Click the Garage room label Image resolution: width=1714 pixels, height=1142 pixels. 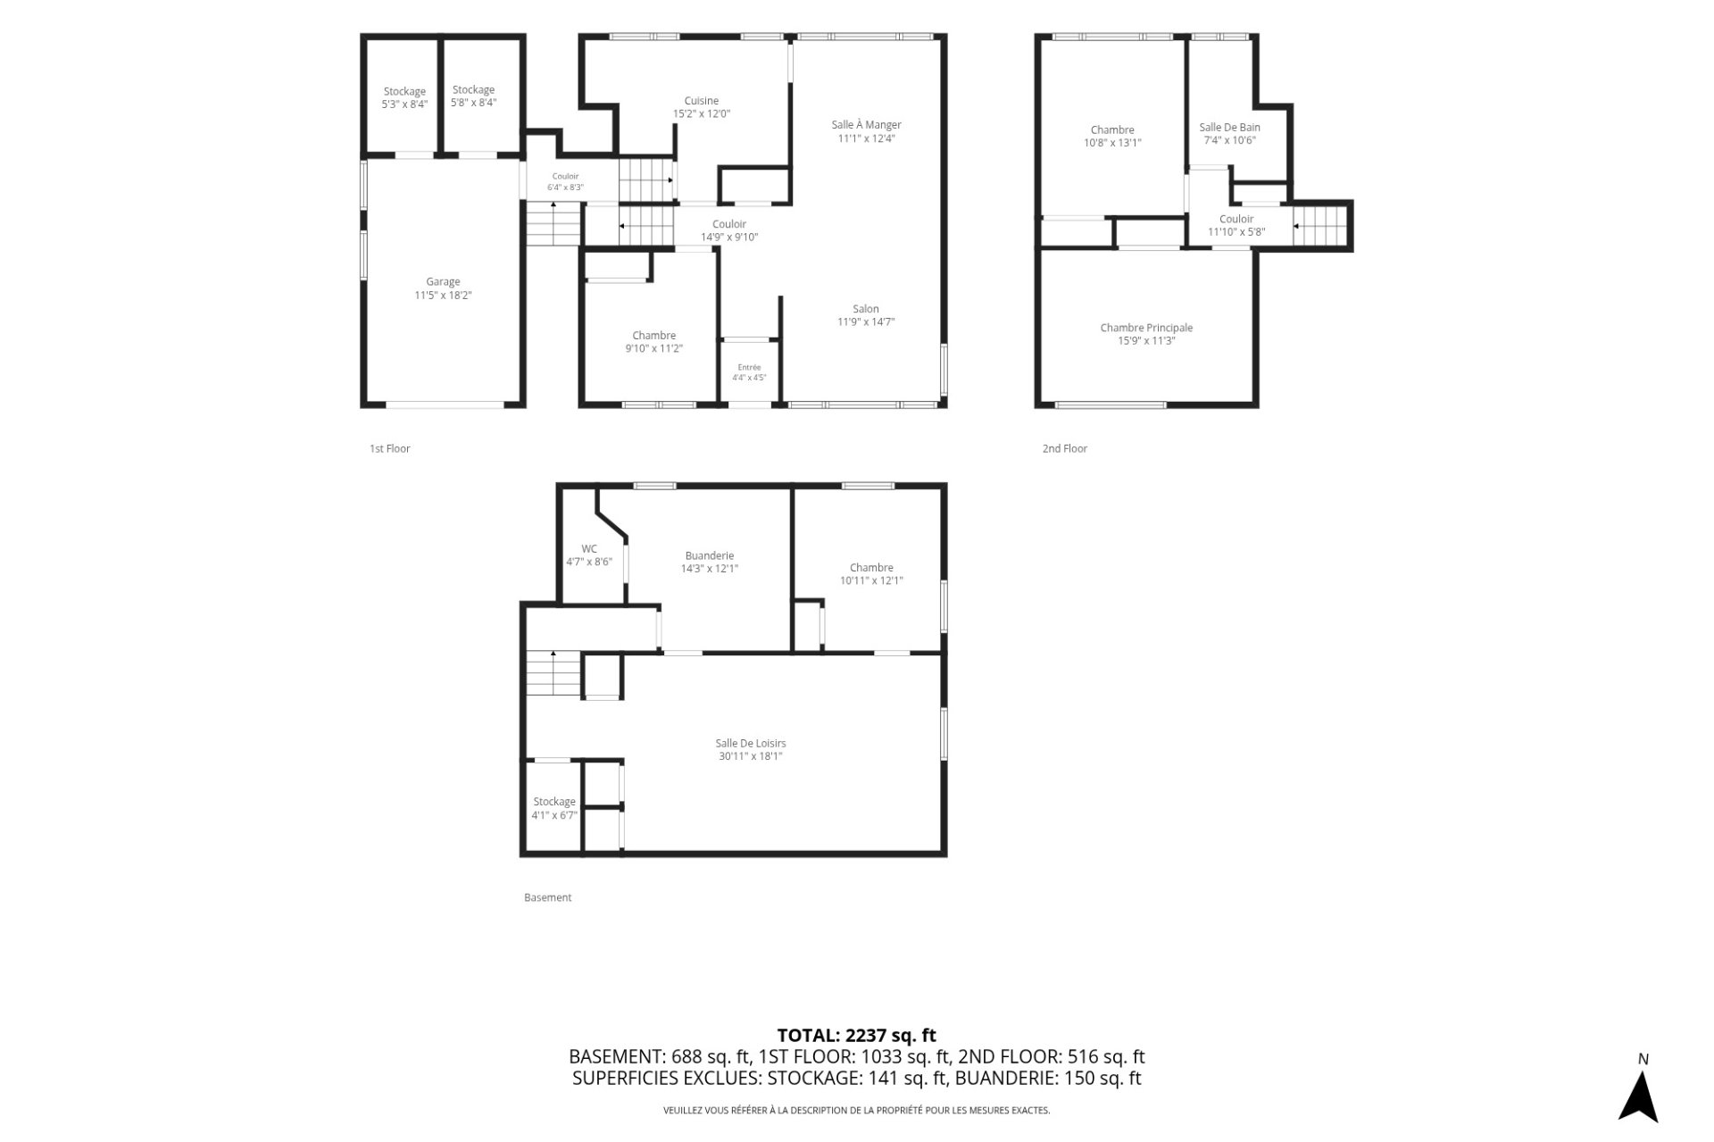[x=443, y=282]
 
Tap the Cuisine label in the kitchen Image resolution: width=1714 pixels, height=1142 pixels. [x=702, y=101]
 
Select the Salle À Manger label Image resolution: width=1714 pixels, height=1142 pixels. [x=866, y=125]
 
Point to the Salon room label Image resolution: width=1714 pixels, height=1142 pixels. [x=865, y=309]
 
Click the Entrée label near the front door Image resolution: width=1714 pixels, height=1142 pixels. [x=749, y=367]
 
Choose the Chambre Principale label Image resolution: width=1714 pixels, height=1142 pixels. [x=1146, y=328]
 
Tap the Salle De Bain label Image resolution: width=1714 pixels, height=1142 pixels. [x=1229, y=128]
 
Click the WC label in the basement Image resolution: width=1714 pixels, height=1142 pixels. [x=589, y=549]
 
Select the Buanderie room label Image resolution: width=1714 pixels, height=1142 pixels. [x=710, y=555]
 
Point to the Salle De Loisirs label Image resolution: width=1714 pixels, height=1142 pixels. [x=751, y=743]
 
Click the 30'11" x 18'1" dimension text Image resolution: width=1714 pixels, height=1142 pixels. [x=751, y=756]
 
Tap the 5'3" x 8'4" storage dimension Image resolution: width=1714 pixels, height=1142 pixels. [x=404, y=104]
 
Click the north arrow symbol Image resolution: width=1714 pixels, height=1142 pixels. [x=1638, y=1096]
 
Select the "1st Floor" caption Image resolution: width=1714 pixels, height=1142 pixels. [x=390, y=448]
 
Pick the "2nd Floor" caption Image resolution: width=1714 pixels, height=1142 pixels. [x=1065, y=448]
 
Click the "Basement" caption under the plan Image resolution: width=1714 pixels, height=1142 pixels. [x=547, y=897]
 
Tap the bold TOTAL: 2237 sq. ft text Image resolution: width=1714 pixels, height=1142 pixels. [x=857, y=1036]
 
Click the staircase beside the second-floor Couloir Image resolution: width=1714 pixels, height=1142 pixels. [x=1320, y=225]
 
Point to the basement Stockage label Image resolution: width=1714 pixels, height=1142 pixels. [x=554, y=802]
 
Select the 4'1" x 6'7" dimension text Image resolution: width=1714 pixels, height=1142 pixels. [x=554, y=815]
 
